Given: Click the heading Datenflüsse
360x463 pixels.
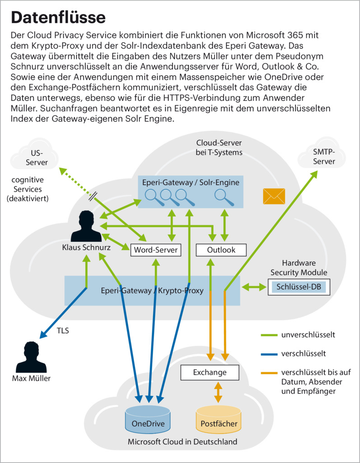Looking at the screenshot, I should [x=58, y=17].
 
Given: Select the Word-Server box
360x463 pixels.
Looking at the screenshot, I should [x=156, y=250].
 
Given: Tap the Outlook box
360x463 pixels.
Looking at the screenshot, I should [x=221, y=250].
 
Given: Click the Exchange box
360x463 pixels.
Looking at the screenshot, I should [x=210, y=373].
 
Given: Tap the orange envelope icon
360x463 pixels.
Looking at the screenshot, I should [x=274, y=196].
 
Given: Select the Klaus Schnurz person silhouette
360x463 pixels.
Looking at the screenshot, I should [x=86, y=227].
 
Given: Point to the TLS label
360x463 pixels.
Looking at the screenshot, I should [x=63, y=331].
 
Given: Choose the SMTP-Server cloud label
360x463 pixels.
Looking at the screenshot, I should [x=324, y=156].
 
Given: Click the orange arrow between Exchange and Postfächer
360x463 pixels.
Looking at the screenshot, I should [x=218, y=392].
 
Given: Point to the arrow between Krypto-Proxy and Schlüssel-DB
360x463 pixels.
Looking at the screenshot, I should [x=254, y=287].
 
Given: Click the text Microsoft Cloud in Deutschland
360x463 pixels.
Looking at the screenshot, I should [x=182, y=442].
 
